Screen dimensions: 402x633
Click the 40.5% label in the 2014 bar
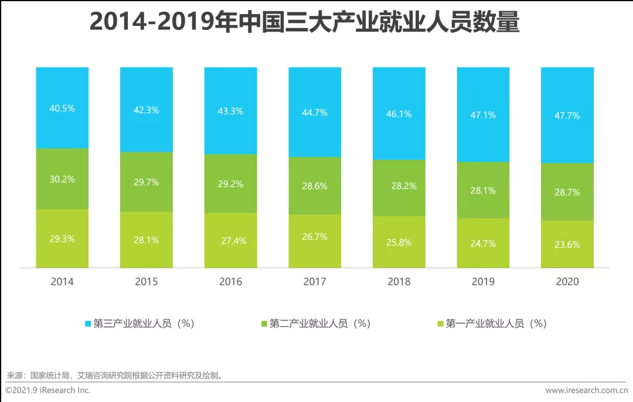click(62, 109)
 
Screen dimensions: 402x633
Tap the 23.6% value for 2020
click(567, 245)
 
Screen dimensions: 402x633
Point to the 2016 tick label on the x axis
click(230, 282)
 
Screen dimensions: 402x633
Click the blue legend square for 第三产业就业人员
click(88, 323)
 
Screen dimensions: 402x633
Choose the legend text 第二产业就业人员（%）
click(320, 323)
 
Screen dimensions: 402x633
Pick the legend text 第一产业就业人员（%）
click(496, 323)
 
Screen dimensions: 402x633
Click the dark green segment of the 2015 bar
click(147, 197)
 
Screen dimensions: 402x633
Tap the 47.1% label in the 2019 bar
click(483, 115)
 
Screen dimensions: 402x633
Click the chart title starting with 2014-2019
click(305, 22)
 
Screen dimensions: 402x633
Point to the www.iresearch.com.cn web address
click(586, 390)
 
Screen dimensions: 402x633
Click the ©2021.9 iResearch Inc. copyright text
click(48, 390)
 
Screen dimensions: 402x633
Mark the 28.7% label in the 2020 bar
click(567, 192)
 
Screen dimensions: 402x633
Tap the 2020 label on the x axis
click(567, 282)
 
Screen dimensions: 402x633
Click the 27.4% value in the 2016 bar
click(230, 241)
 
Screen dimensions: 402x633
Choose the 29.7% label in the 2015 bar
click(147, 183)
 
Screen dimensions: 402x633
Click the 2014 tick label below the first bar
click(62, 282)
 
